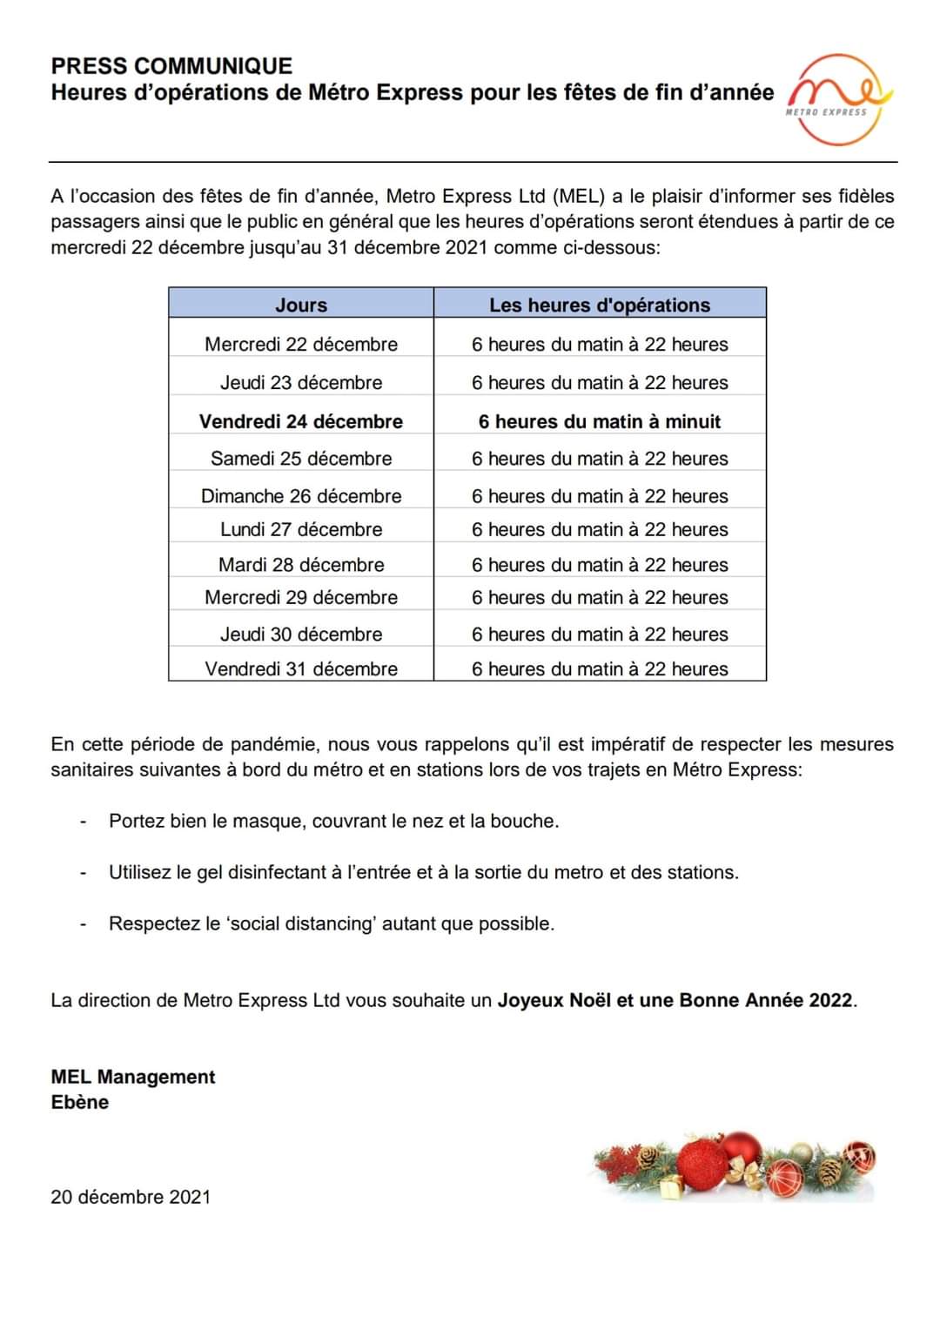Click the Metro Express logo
point(837,98)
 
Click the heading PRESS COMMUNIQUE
point(171,66)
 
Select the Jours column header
point(301,305)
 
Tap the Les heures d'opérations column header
point(600,305)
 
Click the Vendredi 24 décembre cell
point(301,421)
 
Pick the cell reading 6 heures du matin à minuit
point(600,421)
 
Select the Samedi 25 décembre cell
point(301,459)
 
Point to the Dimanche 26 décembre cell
point(301,496)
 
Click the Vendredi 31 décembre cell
point(301,668)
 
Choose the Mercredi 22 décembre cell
point(301,344)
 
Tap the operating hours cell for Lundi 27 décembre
point(600,529)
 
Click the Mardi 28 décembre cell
point(301,564)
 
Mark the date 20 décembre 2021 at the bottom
point(131,1197)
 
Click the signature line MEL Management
point(133,1077)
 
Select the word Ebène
point(80,1102)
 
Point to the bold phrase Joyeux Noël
point(554,1000)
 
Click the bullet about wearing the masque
point(333,821)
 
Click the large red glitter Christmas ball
point(702,1165)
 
